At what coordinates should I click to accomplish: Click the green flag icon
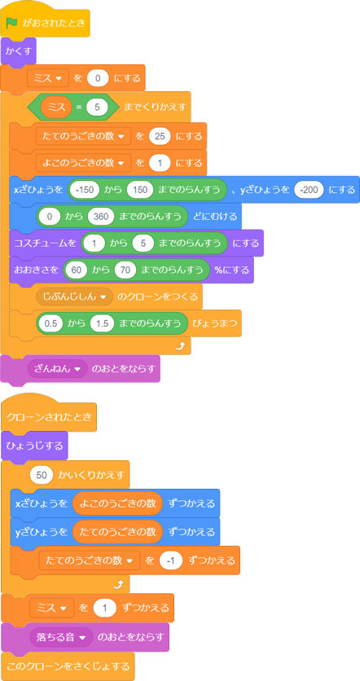click(11, 23)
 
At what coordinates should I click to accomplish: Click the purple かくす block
click(18, 51)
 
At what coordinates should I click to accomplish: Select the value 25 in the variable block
click(160, 136)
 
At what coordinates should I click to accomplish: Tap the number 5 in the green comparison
click(97, 107)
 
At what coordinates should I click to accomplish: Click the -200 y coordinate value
click(309, 190)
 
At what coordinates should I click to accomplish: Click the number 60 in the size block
click(77, 270)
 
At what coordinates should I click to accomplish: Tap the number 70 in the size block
click(125, 270)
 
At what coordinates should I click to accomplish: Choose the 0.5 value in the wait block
click(50, 323)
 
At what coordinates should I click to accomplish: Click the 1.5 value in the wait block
click(103, 323)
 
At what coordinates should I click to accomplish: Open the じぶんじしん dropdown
click(74, 297)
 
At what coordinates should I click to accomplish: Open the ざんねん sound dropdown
click(57, 369)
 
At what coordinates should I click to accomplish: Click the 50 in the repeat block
click(42, 474)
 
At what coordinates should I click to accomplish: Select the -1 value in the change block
click(173, 560)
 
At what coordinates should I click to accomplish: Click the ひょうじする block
click(34, 446)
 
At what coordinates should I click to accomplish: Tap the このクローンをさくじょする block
click(68, 666)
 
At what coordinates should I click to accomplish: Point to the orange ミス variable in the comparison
click(56, 107)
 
